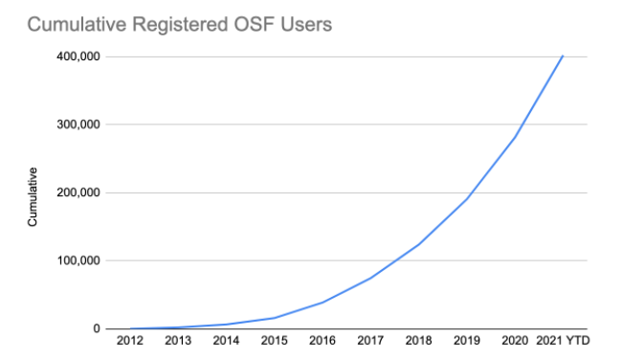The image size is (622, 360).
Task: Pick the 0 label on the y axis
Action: [x=98, y=328]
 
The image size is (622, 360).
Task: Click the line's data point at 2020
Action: [x=515, y=137]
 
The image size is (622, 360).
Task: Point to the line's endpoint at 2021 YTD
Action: [x=563, y=56]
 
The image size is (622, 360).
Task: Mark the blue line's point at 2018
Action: [x=418, y=244]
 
